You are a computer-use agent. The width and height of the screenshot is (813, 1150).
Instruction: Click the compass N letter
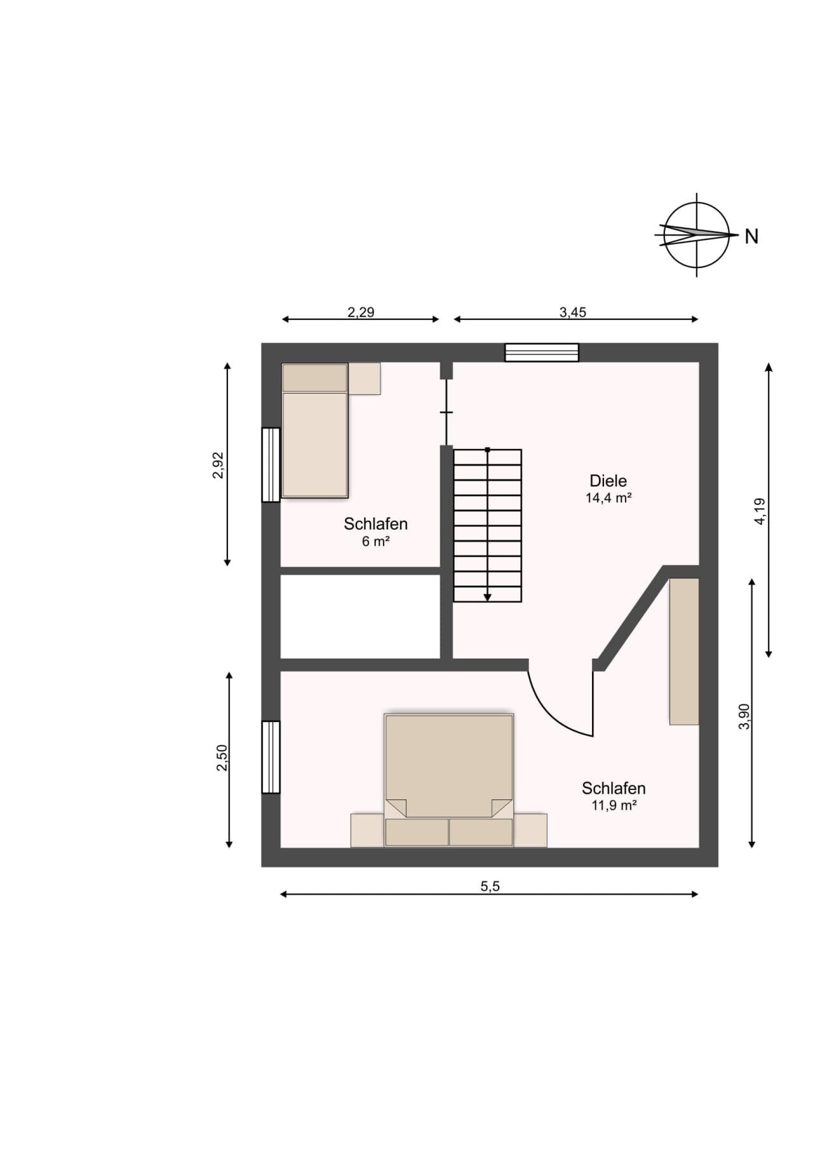[x=752, y=236]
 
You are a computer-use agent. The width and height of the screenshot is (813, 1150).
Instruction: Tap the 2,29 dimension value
[x=361, y=312]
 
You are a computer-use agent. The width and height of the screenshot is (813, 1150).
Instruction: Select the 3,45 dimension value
[x=573, y=312]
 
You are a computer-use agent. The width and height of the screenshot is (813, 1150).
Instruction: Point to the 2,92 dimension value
[x=218, y=465]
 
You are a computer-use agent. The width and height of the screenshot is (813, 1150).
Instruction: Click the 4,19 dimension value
[x=760, y=511]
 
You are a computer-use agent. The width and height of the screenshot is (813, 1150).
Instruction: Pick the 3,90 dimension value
[x=744, y=716]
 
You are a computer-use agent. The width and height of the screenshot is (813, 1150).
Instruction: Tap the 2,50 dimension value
[x=222, y=758]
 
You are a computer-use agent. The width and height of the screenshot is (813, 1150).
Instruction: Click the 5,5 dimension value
[x=490, y=886]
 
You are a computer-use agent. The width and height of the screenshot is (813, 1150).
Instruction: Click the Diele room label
[x=608, y=481]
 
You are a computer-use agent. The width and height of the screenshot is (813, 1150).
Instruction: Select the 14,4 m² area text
[x=608, y=498]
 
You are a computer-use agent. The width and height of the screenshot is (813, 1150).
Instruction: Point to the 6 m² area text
[x=375, y=541]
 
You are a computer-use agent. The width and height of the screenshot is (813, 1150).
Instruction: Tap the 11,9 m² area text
[x=614, y=805]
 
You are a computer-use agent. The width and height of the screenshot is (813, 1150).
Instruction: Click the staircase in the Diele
[x=487, y=525]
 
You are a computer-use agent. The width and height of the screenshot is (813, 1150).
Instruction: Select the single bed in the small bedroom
[x=315, y=430]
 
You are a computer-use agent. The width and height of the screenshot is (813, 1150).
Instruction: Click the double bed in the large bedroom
[x=449, y=780]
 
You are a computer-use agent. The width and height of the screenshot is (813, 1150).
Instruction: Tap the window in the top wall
[x=542, y=352]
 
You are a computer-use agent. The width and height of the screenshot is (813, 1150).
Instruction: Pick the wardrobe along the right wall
[x=684, y=651]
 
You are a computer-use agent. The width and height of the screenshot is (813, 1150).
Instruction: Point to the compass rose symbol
[x=697, y=235]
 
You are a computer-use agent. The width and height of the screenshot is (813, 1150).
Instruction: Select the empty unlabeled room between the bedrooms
[x=361, y=617]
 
